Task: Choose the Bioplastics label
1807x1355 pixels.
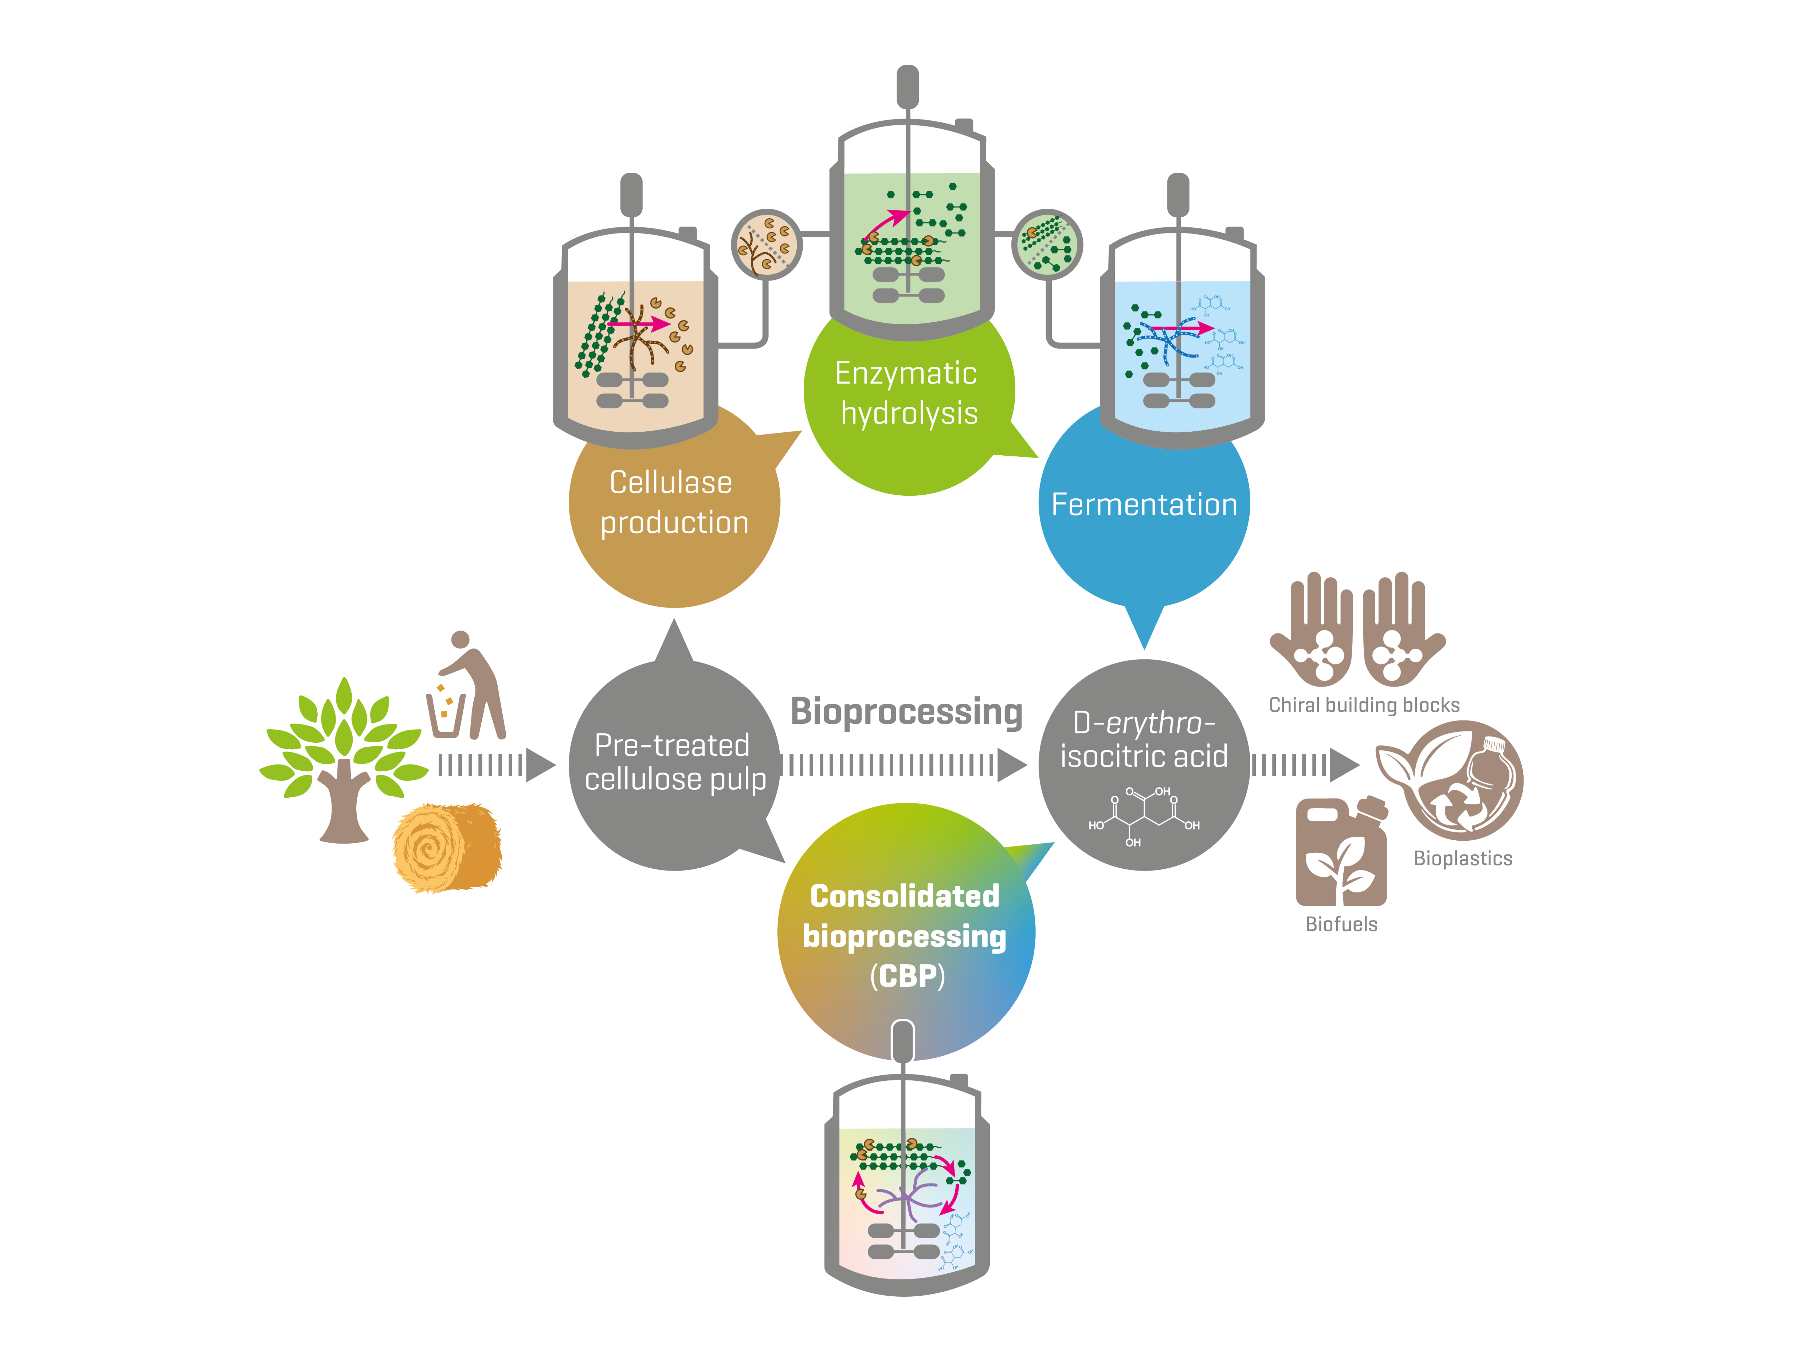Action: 1462,859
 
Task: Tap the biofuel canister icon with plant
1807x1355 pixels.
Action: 1341,853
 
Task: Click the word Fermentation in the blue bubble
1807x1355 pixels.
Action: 1144,505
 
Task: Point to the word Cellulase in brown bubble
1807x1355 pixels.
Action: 671,483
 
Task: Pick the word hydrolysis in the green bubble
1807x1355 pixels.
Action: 909,413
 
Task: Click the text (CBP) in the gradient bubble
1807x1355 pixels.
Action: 907,976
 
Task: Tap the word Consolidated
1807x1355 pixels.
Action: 904,896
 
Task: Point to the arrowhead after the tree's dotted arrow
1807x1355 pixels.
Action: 540,765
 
